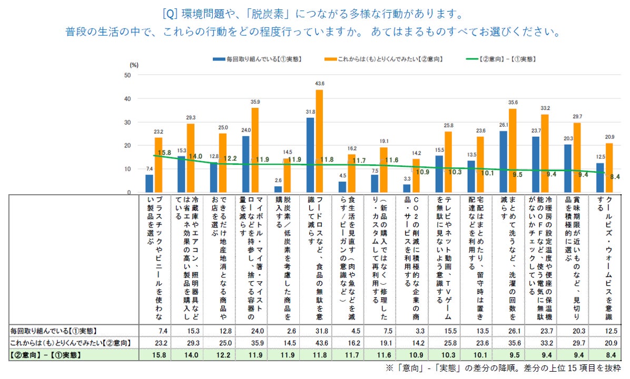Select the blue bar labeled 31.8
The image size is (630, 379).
point(311,155)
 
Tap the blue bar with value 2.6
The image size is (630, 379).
point(278,189)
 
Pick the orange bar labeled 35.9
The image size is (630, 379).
point(255,150)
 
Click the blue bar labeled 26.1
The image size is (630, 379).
point(503,162)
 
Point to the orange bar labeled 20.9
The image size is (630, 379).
point(609,168)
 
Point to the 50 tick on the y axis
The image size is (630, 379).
point(127,75)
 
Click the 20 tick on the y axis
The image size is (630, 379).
point(127,145)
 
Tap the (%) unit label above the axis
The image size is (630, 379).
point(134,65)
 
